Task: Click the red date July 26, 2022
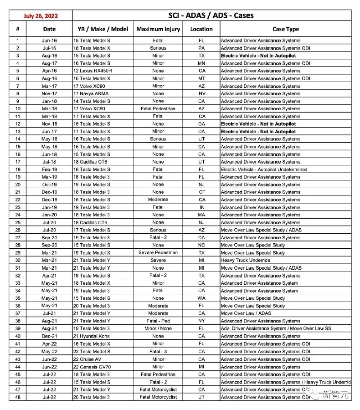[x=40, y=15]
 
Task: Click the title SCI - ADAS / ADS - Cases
[x=211, y=15]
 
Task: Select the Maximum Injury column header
[x=158, y=29]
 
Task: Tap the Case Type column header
[x=286, y=29]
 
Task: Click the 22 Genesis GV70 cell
[x=93, y=367]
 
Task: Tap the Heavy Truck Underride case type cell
[x=246, y=261]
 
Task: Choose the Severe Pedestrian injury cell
[x=158, y=253]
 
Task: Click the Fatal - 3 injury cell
[x=158, y=352]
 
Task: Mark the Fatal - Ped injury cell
[x=158, y=321]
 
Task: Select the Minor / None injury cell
[x=158, y=328]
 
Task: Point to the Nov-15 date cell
[x=49, y=124]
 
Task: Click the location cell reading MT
[x=201, y=78]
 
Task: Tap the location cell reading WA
[x=201, y=298]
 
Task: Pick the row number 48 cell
[x=18, y=397]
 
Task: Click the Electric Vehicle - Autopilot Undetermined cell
[x=264, y=169]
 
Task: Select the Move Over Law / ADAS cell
[x=246, y=313]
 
